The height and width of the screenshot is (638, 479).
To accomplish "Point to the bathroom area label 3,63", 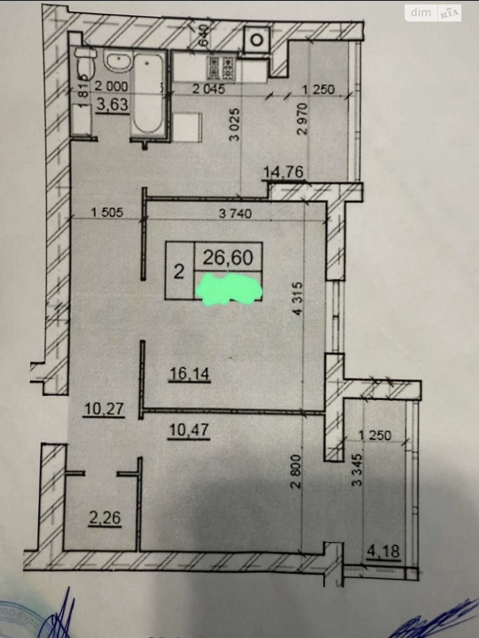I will [113, 104].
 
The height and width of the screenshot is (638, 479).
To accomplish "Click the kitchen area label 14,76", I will [284, 172].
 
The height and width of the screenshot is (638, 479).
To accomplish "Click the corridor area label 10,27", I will [104, 409].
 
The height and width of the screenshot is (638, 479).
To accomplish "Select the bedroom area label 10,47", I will [189, 431].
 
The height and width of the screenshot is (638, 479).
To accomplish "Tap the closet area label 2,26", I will [105, 518].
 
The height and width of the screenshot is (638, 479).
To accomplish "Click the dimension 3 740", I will [236, 214].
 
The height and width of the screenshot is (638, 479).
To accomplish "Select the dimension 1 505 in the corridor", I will [107, 213].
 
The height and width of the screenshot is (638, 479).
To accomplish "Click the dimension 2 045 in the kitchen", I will [208, 89].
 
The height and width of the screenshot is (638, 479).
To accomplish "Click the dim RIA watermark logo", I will [433, 13].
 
